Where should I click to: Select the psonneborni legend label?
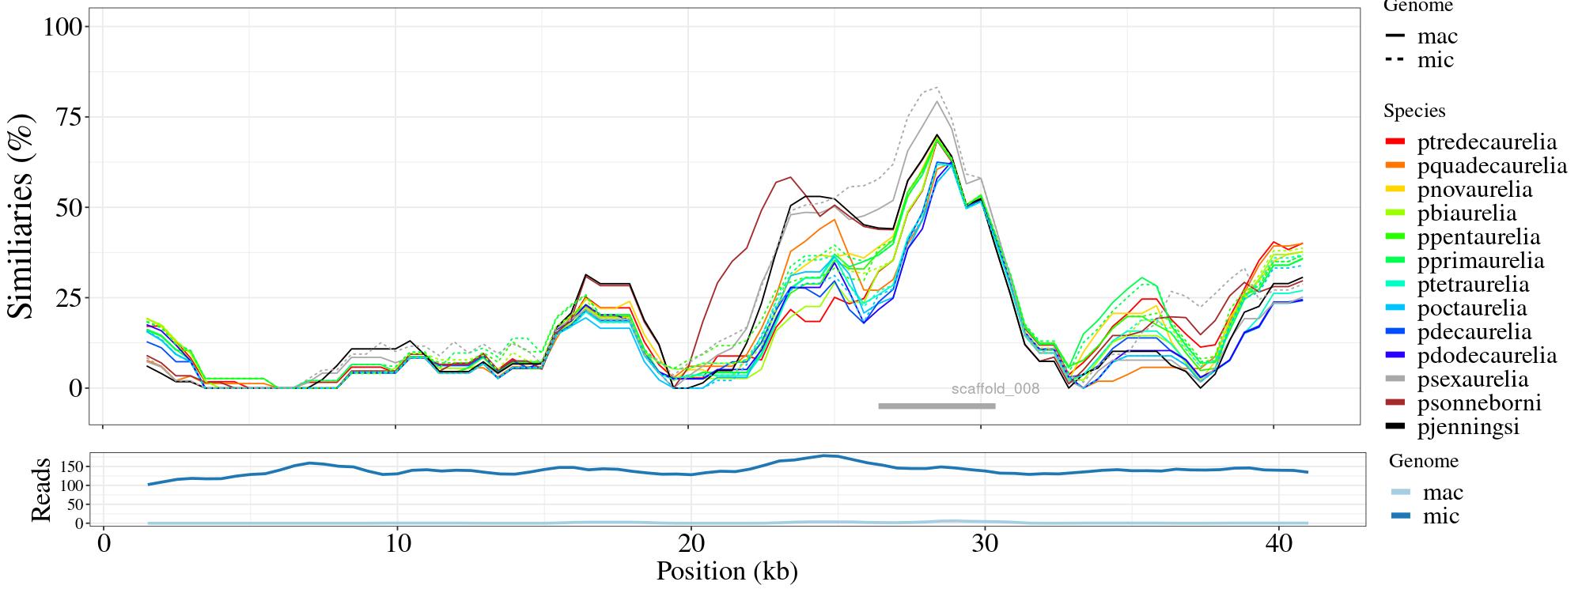point(1479,403)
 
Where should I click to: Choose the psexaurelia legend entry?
point(1472,380)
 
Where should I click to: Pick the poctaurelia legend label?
point(1471,308)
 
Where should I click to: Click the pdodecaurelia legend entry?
point(1486,356)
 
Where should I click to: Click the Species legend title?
point(1414,111)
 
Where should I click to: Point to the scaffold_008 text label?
point(995,389)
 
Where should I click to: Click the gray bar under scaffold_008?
point(937,406)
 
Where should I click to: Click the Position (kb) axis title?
point(727,571)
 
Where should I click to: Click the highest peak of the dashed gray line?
point(937,87)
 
